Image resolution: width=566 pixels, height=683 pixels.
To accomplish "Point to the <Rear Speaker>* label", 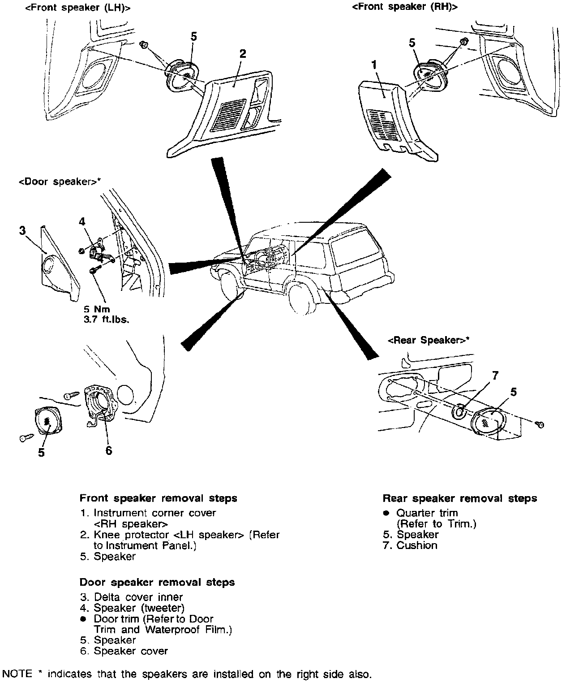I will click(429, 340).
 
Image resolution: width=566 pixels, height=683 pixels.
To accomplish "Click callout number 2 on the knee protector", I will click(242, 54).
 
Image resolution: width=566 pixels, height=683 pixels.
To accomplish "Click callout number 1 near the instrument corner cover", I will click(374, 65).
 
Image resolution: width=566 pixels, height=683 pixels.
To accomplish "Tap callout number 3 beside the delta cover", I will click(22, 231).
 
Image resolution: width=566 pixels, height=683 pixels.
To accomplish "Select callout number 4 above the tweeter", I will click(82, 221).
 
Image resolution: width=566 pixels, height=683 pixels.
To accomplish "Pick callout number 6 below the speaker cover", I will click(109, 450).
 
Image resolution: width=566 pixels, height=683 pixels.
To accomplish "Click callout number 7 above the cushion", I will click(495, 376).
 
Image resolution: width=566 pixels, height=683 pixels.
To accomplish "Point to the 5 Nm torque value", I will click(97, 309).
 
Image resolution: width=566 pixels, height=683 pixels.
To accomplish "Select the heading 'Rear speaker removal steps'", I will click(459, 498).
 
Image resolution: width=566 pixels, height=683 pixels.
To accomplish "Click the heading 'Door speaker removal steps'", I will click(157, 582).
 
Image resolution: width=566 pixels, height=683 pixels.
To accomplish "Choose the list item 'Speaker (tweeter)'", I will click(139, 608).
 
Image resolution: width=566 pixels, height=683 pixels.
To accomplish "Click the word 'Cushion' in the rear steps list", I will click(416, 545).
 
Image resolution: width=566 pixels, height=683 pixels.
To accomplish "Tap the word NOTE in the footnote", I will click(17, 674).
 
